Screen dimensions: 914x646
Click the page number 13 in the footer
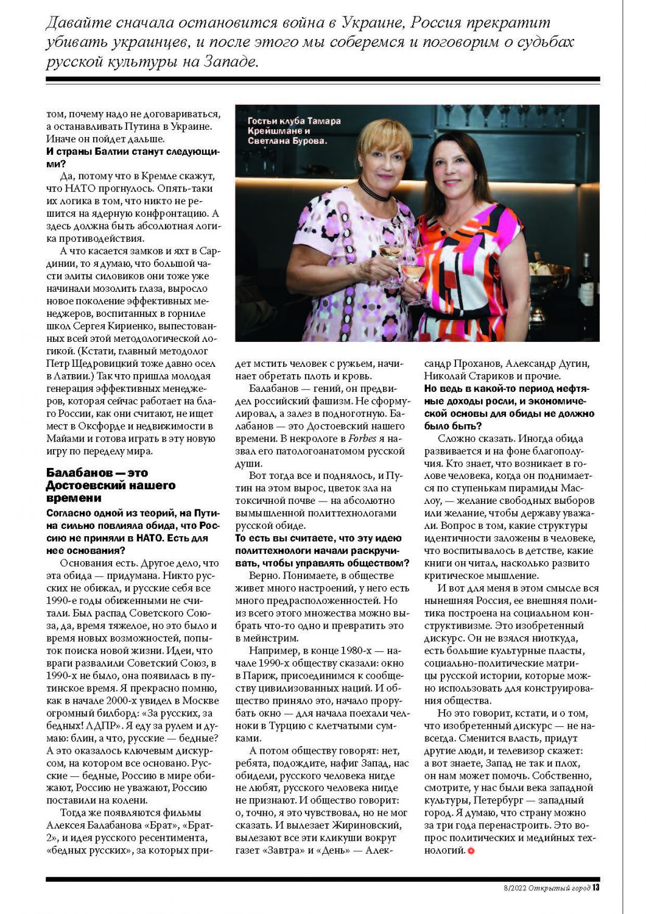pyautogui.click(x=596, y=887)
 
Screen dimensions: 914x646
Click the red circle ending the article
pyautogui.click(x=471, y=851)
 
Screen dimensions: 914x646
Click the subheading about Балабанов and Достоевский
pyautogui.click(x=110, y=485)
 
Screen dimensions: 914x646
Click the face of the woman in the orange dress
pyautogui.click(x=454, y=163)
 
